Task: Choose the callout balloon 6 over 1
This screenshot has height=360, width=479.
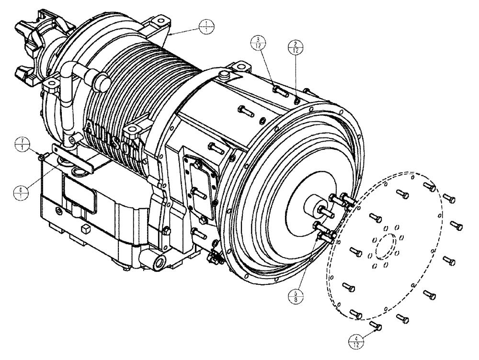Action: point(21,192)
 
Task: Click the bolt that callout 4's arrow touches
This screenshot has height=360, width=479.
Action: point(376,327)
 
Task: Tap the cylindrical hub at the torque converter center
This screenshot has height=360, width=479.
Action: point(314,208)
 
